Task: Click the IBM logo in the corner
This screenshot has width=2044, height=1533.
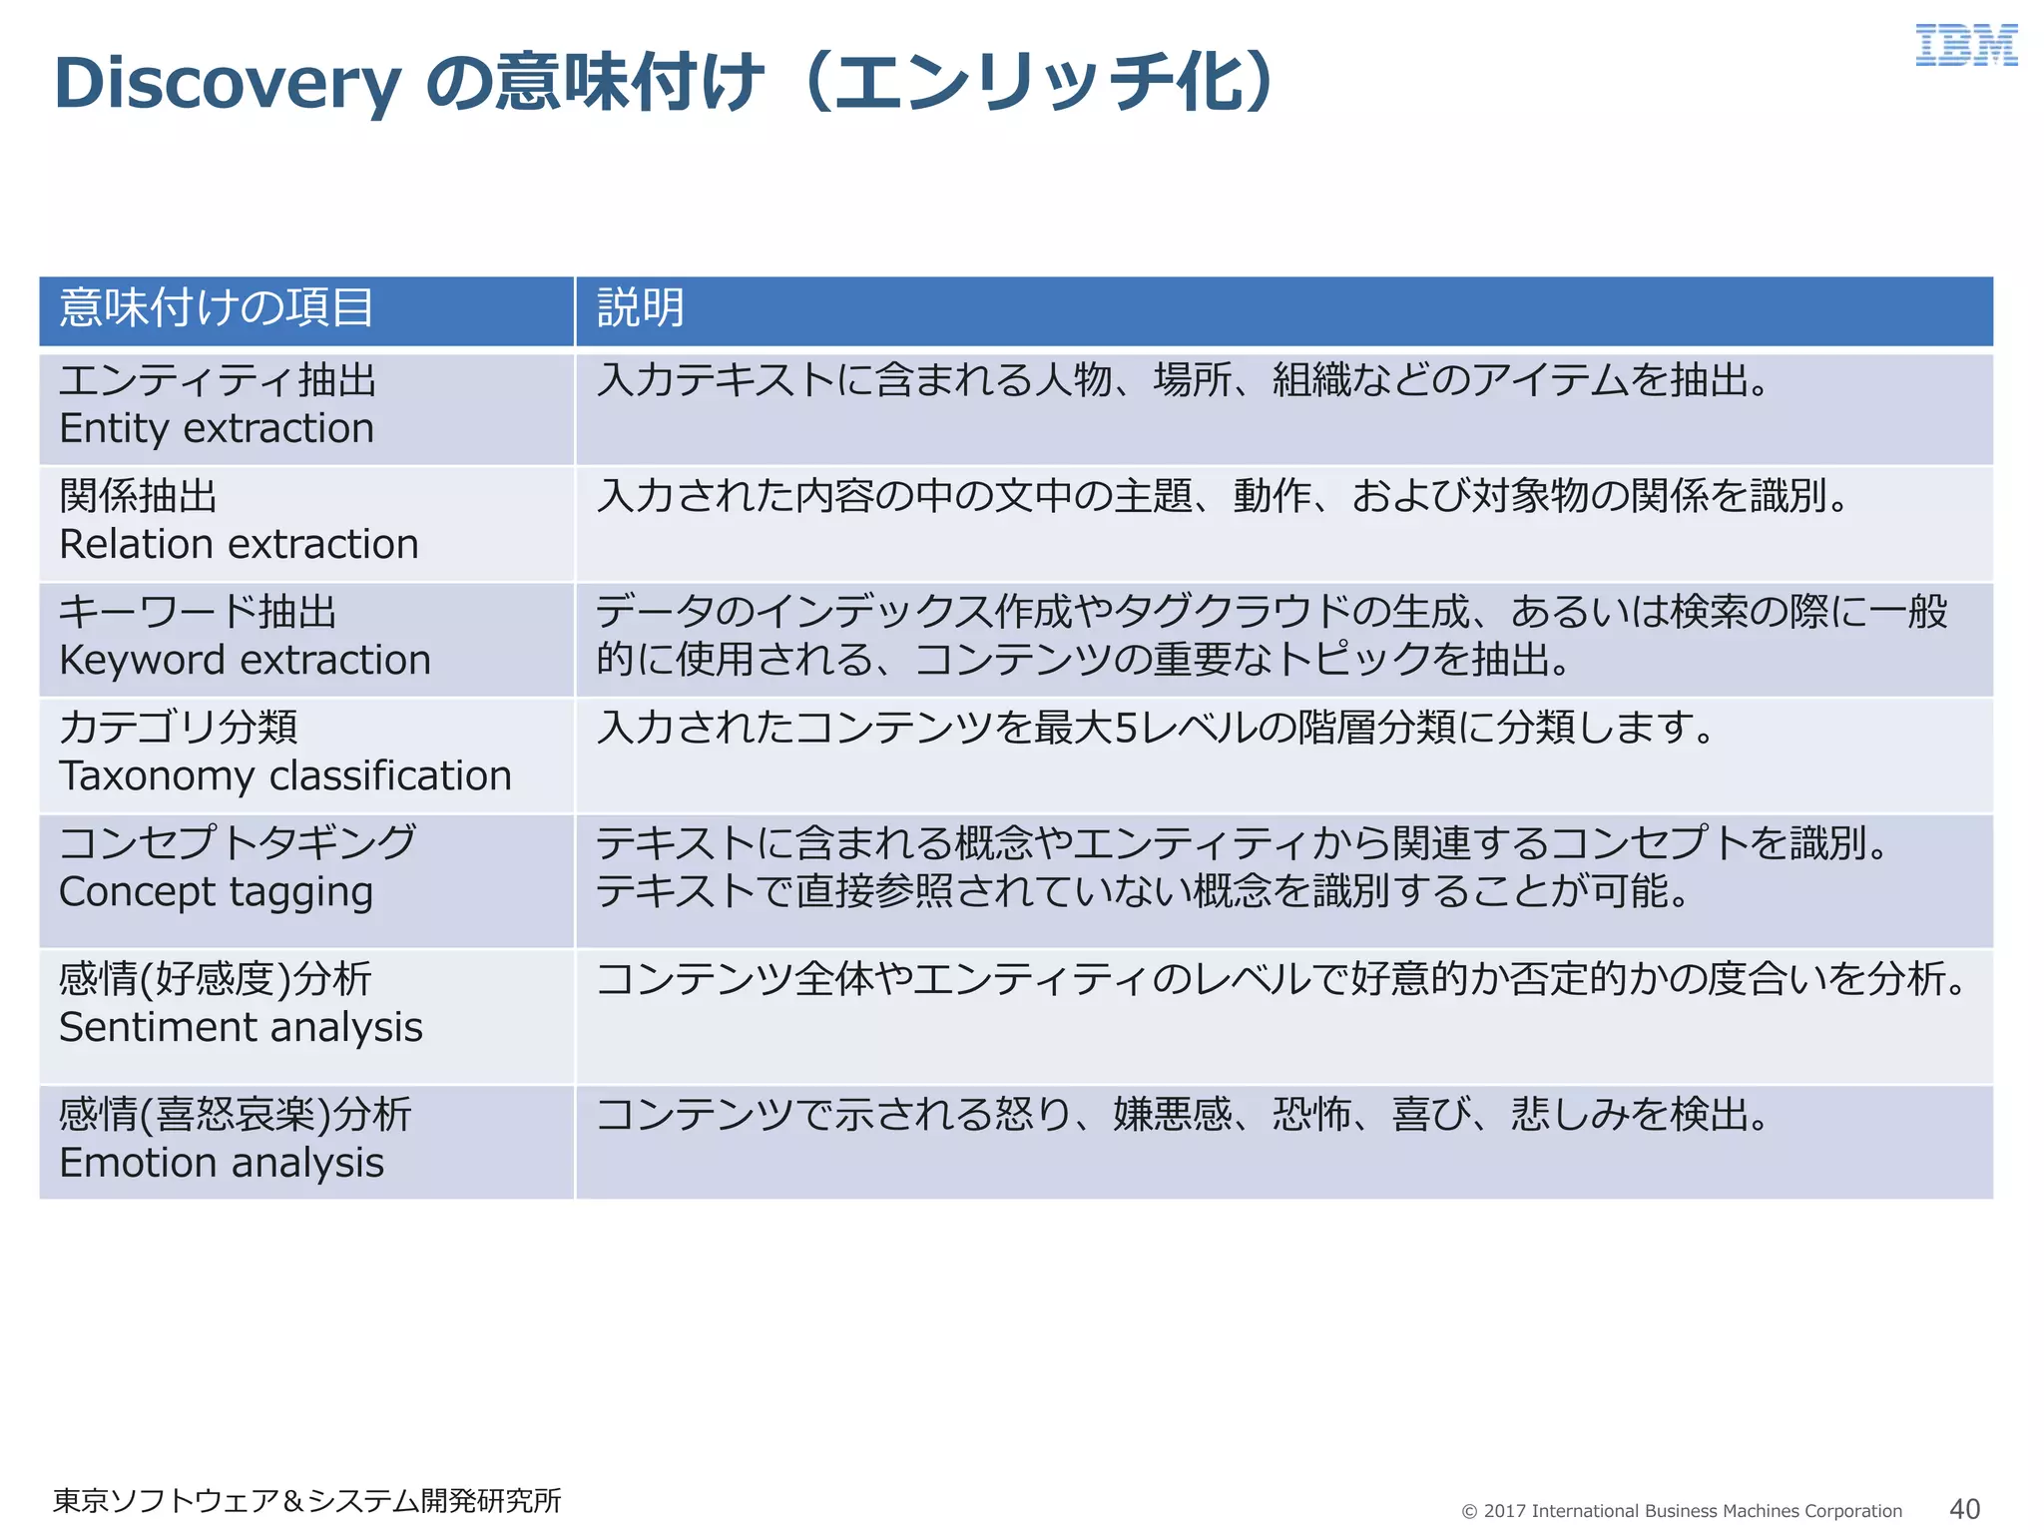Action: click(x=1965, y=46)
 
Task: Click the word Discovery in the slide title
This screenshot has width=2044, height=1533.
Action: click(x=228, y=84)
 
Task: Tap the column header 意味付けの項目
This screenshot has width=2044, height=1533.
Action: click(x=217, y=307)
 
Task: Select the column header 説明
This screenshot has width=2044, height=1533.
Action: click(x=641, y=307)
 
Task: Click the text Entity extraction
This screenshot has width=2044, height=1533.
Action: click(x=217, y=429)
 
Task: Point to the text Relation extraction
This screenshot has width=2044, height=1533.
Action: click(x=239, y=545)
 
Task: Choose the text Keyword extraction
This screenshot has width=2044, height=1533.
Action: click(x=245, y=661)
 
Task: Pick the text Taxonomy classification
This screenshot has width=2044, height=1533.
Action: click(x=285, y=776)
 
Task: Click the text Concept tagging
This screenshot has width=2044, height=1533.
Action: click(x=216, y=892)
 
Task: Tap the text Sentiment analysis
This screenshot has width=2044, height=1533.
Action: click(x=241, y=1028)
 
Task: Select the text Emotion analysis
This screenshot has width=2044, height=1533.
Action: click(x=222, y=1164)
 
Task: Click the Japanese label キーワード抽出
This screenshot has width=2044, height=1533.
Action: click(x=198, y=612)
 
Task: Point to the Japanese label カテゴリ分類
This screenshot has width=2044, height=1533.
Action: click(x=179, y=728)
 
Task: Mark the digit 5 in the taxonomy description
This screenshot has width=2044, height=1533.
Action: click(x=1126, y=729)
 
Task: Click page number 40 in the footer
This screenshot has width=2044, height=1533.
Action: click(x=1964, y=1508)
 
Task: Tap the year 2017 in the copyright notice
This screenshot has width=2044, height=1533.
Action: click(x=1504, y=1511)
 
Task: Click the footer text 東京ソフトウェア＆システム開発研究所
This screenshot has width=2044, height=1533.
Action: click(x=307, y=1501)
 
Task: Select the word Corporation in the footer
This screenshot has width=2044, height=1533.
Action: click(x=1852, y=1511)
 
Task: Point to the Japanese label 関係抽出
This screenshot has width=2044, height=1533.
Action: click(x=138, y=496)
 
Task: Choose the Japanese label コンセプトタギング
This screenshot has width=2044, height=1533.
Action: click(x=238, y=843)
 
